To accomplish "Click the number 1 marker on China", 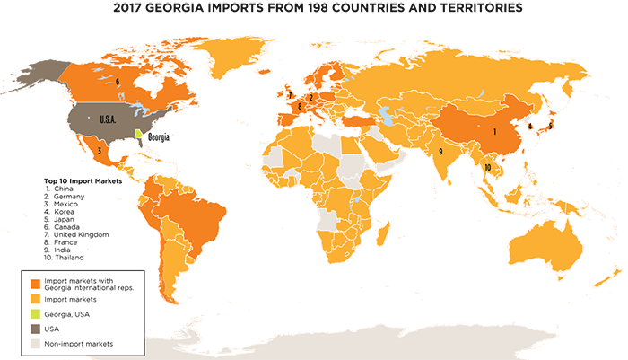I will click(x=494, y=130).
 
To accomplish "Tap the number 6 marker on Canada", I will click(x=118, y=81).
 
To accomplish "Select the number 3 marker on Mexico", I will click(x=98, y=151).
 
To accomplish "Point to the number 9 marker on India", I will click(x=440, y=152).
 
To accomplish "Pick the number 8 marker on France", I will click(x=300, y=106).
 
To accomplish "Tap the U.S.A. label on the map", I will click(x=109, y=119).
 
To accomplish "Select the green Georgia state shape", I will click(x=140, y=135).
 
